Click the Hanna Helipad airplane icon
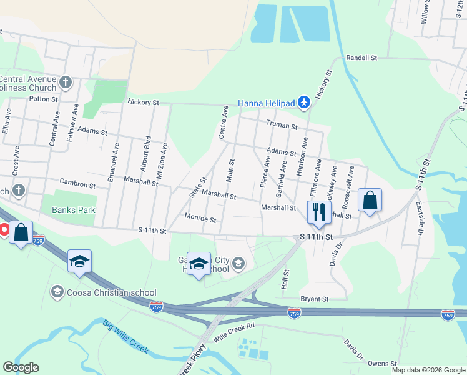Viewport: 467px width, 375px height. pyautogui.click(x=303, y=102)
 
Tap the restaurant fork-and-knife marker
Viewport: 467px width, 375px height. pyautogui.click(x=318, y=211)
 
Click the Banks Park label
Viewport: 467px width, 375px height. pyautogui.click(x=74, y=210)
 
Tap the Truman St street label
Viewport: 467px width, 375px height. pyautogui.click(x=282, y=124)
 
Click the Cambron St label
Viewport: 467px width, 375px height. pyautogui.click(x=77, y=185)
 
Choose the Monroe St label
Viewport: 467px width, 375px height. pyautogui.click(x=200, y=219)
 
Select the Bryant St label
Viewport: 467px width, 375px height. pyautogui.click(x=314, y=299)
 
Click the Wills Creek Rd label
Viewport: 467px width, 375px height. pyautogui.click(x=235, y=329)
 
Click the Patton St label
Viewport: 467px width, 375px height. pyautogui.click(x=43, y=98)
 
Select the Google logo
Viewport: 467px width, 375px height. pyautogui.click(x=21, y=367)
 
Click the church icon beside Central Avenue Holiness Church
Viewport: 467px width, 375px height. pyautogui.click(x=66, y=82)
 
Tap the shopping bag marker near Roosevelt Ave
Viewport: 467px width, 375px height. pyautogui.click(x=370, y=200)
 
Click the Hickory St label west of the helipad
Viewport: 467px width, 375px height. pyautogui.click(x=144, y=102)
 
